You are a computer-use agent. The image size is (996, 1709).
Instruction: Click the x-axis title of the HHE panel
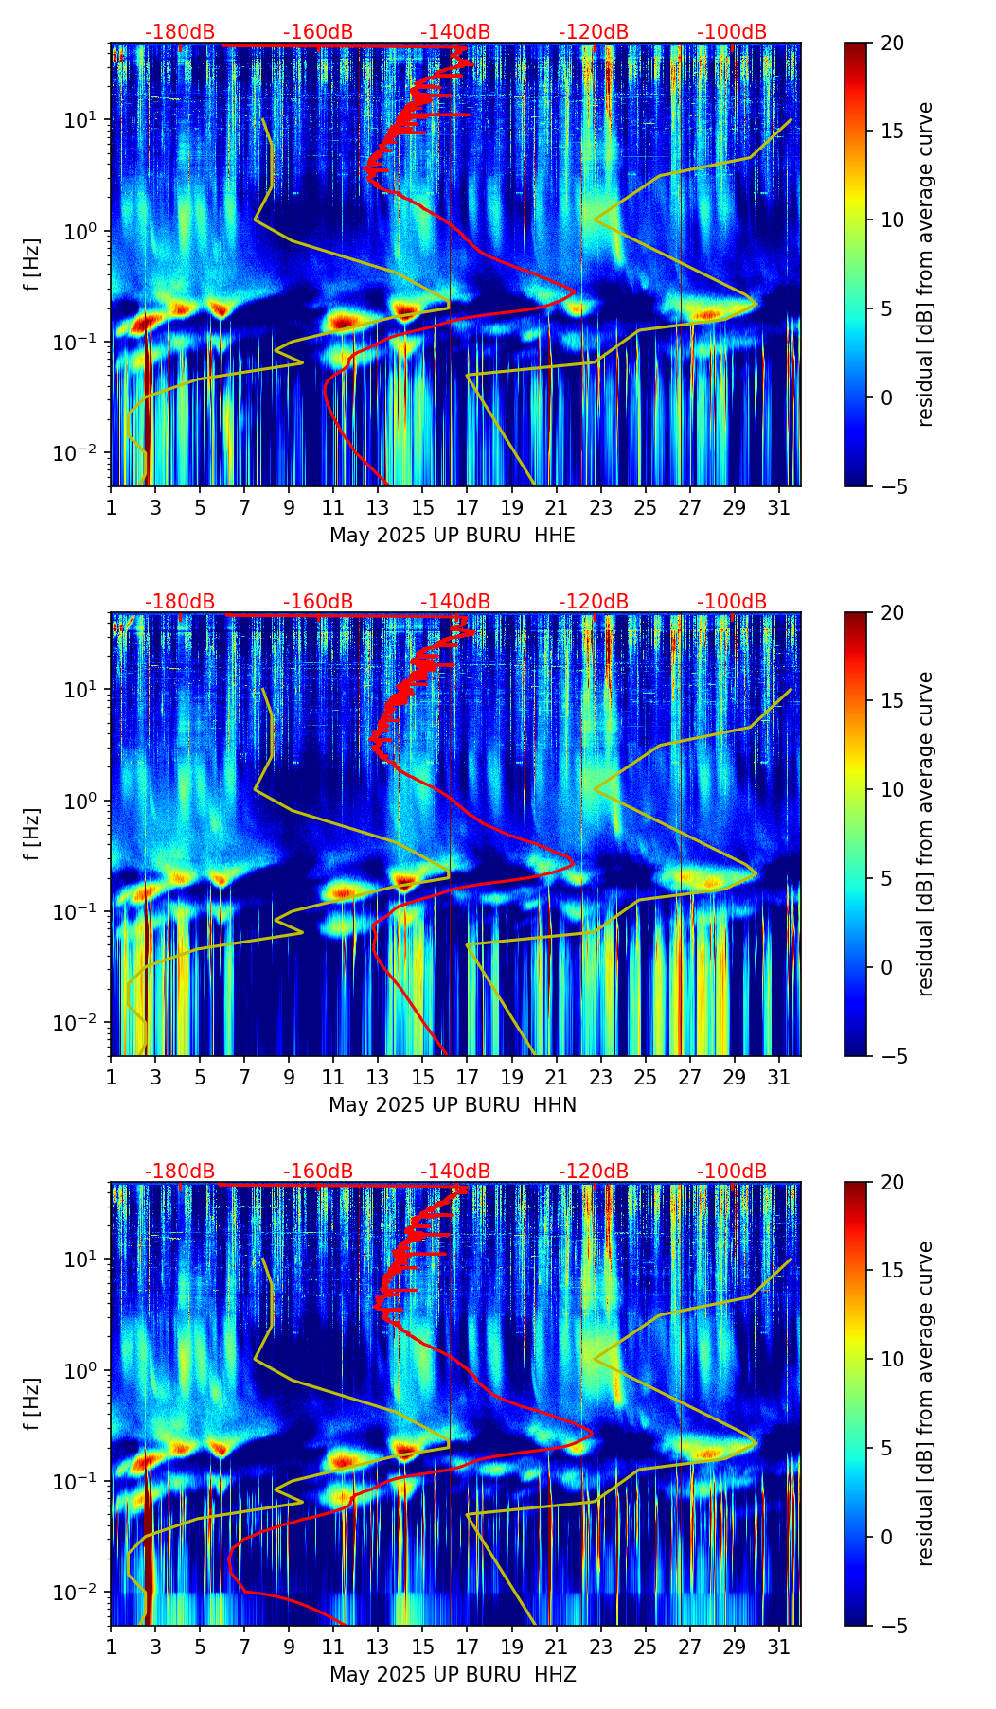coord(453,536)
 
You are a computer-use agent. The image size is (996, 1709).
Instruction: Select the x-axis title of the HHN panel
coord(453,1105)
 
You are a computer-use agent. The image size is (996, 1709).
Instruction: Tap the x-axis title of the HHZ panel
coord(453,1675)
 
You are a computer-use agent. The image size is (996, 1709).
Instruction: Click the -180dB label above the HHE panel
coord(180,32)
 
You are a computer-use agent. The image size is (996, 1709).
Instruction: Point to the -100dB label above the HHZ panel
coord(732,1172)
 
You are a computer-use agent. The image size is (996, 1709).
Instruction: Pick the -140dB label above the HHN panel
coord(455,602)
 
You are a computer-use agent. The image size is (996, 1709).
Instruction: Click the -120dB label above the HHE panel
coord(594,32)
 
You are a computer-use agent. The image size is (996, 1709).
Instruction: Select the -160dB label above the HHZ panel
coord(318,1172)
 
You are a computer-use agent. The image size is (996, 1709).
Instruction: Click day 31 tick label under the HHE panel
coord(779,507)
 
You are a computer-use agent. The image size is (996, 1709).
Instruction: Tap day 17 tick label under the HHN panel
coord(468,1077)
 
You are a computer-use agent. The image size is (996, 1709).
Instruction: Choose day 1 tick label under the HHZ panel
coord(111,1647)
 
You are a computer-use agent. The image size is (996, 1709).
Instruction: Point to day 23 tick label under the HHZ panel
coord(601,1647)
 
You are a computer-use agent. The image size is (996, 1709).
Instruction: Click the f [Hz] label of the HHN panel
coord(32,834)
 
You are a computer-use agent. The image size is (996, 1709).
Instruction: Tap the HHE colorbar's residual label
coord(925,264)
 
